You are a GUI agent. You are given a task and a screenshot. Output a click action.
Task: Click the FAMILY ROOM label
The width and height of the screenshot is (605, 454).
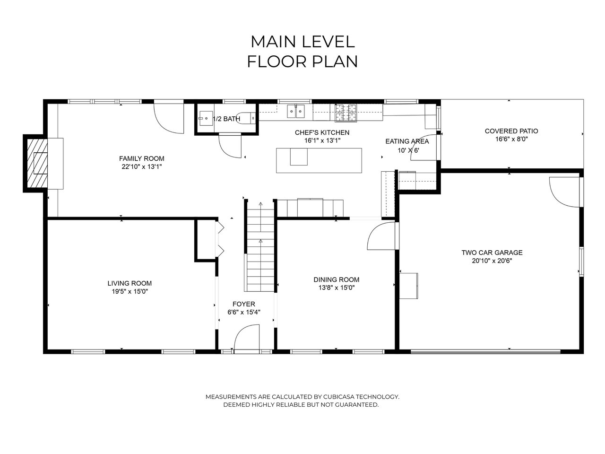click(x=141, y=158)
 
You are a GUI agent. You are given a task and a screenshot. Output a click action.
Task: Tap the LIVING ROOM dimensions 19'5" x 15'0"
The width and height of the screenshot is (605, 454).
click(x=130, y=291)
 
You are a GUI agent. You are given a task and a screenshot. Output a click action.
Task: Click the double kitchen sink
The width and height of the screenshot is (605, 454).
click(x=296, y=111)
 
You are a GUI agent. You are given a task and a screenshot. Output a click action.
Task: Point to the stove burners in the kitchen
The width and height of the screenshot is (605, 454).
click(x=346, y=113)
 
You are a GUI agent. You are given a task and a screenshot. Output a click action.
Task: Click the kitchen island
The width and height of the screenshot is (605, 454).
click(x=319, y=160)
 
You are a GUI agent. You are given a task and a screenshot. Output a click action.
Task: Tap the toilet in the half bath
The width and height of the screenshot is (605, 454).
click(x=246, y=118)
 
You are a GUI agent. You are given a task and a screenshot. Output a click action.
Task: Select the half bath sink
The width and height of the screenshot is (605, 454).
click(x=206, y=118)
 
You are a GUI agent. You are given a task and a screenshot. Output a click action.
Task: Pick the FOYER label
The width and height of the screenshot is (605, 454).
click(x=243, y=304)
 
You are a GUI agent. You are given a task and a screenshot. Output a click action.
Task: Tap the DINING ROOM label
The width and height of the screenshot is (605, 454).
click(x=336, y=279)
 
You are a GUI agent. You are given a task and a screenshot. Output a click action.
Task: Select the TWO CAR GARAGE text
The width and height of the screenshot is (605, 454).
click(x=492, y=253)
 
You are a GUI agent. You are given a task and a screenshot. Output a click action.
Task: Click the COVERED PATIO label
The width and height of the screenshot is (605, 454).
click(x=511, y=131)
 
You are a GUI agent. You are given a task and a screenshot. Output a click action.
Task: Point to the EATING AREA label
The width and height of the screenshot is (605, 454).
click(x=407, y=141)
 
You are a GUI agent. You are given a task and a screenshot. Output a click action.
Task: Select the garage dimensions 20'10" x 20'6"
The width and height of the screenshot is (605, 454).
click(x=492, y=261)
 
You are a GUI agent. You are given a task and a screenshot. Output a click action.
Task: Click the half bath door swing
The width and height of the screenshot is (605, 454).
click(x=230, y=146)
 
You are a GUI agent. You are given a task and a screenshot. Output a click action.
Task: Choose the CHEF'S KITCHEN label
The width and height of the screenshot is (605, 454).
click(x=322, y=132)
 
